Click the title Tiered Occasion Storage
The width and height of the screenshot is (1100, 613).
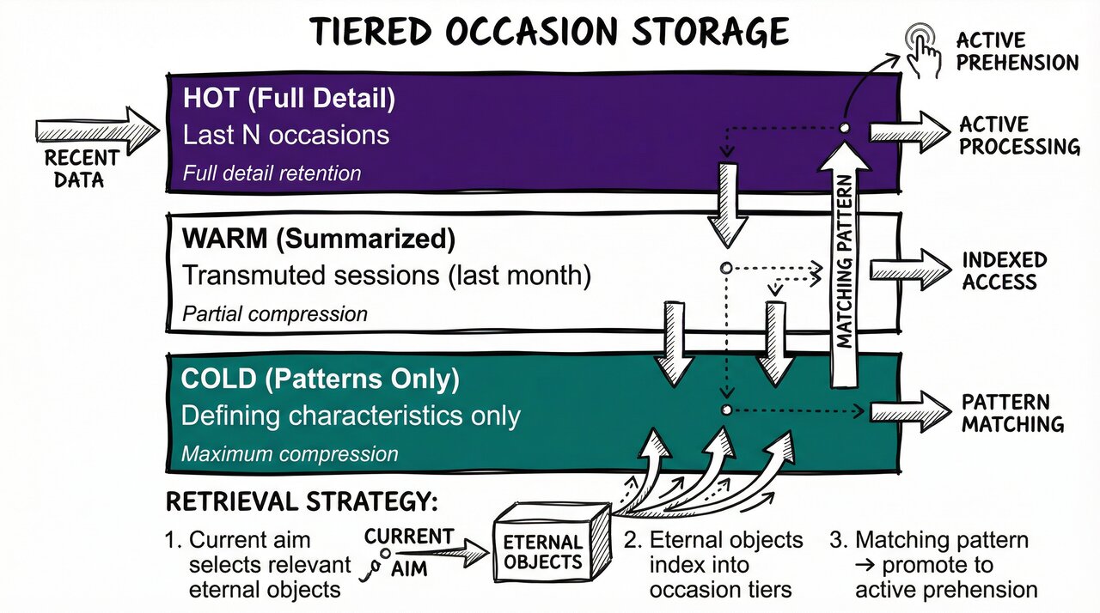pyautogui.click(x=549, y=32)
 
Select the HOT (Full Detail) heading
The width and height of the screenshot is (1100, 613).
pyautogui.click(x=289, y=99)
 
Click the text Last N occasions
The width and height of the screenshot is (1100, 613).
pyautogui.click(x=286, y=135)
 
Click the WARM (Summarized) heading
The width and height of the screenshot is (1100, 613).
pyautogui.click(x=319, y=240)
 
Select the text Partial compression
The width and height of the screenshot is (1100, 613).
pyautogui.click(x=275, y=314)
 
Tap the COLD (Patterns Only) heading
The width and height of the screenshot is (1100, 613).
pyautogui.click(x=321, y=379)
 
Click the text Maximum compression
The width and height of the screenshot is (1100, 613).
pyautogui.click(x=290, y=453)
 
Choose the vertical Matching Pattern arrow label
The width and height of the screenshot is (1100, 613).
pyautogui.click(x=845, y=262)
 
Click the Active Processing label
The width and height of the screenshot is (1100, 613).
pyautogui.click(x=1018, y=136)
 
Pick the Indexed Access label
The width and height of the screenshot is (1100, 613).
pyautogui.click(x=1004, y=271)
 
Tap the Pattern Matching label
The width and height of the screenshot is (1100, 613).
pyautogui.click(x=1012, y=413)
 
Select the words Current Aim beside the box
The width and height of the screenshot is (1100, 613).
pyautogui.click(x=408, y=549)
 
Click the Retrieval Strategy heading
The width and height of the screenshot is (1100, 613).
pyautogui.click(x=301, y=502)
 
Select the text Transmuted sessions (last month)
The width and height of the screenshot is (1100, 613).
pyautogui.click(x=387, y=276)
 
